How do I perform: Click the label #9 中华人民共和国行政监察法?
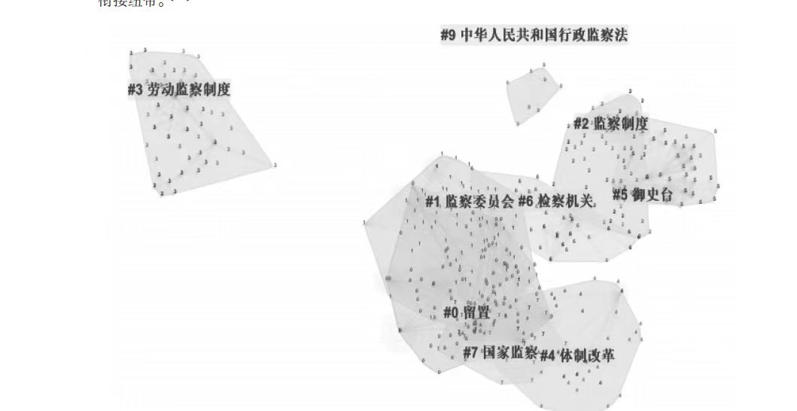click(534, 35)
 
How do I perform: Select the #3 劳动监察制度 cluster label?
click(179, 90)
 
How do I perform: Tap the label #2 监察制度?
click(610, 124)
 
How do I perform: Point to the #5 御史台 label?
click(642, 194)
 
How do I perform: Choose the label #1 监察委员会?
click(470, 201)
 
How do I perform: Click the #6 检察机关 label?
click(557, 201)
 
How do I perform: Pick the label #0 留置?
click(466, 312)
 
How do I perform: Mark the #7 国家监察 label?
click(500, 352)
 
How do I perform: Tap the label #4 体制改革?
click(576, 355)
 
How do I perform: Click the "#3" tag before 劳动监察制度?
click(135, 90)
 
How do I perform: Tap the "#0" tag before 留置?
click(451, 312)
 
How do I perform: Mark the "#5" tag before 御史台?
click(619, 194)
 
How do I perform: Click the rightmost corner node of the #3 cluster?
click(275, 164)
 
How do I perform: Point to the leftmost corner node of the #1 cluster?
click(365, 223)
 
